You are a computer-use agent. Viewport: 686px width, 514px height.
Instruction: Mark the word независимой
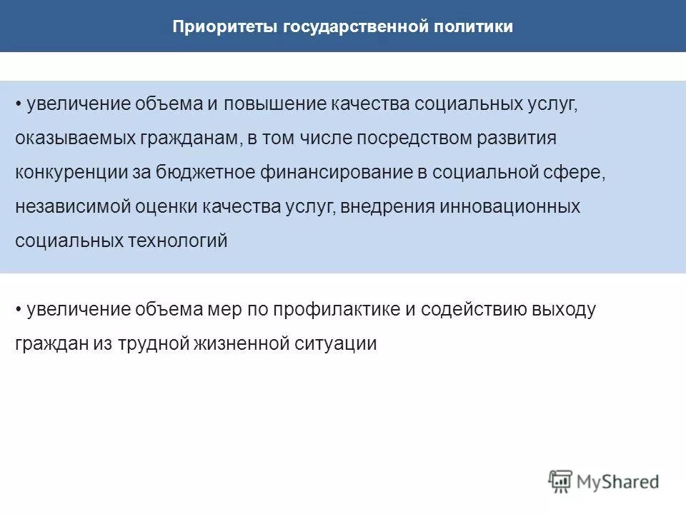(x=65, y=207)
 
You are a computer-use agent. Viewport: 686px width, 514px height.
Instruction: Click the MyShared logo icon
(x=561, y=482)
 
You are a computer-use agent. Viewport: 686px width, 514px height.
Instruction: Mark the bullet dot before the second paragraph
(x=19, y=311)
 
